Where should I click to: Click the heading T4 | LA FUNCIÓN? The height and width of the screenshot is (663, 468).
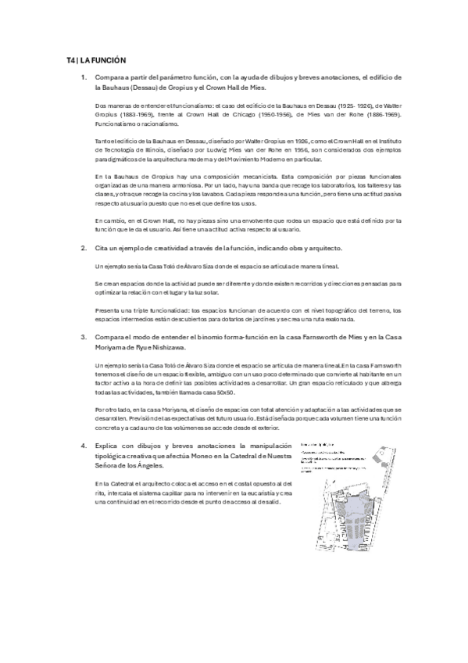click(x=97, y=60)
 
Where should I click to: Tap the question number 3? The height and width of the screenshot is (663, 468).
click(x=84, y=337)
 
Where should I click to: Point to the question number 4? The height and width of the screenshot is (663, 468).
click(x=84, y=444)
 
